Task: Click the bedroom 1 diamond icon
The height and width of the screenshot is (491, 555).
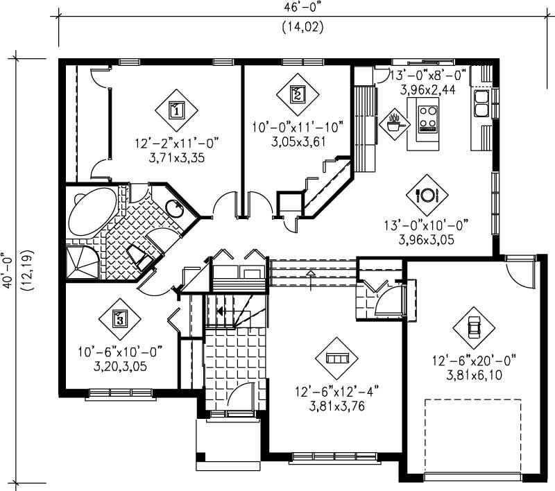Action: point(176,109)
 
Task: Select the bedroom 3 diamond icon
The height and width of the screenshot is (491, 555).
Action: point(120,319)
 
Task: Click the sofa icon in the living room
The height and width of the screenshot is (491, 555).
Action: point(336,358)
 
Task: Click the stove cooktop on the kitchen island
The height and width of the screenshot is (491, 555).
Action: point(427,115)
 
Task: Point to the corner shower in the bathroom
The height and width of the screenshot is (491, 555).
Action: point(80,263)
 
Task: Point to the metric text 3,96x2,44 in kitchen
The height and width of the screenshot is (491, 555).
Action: point(428,89)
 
